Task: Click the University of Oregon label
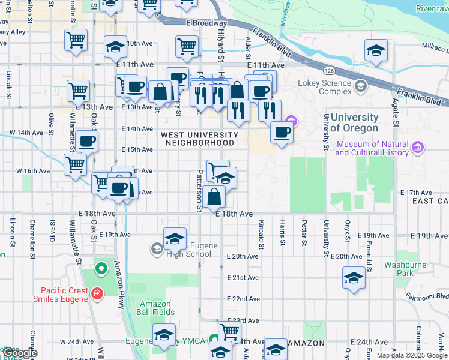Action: (354, 122)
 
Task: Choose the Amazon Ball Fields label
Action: (157, 308)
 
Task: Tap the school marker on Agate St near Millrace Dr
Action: (376, 50)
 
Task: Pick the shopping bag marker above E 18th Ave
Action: (214, 196)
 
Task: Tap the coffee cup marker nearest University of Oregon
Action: (282, 132)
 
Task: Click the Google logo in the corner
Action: (19, 353)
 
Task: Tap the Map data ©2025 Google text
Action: (411, 355)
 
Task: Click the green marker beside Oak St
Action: (101, 268)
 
